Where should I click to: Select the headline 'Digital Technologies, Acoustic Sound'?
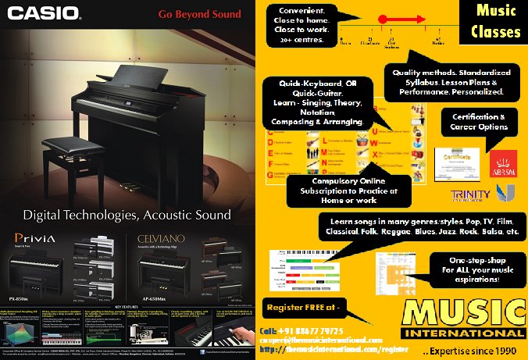(x=127, y=214)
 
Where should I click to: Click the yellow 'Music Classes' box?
(x=498, y=22)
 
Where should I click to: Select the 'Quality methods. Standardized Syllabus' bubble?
(x=451, y=81)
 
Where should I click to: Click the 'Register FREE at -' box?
(x=305, y=305)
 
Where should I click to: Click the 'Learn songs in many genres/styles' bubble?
(x=420, y=227)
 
